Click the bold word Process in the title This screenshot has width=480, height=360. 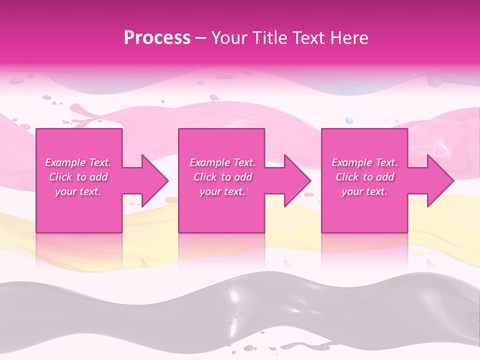tap(157, 38)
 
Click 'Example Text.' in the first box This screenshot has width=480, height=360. tap(78, 162)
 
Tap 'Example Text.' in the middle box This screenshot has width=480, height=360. tap(222, 162)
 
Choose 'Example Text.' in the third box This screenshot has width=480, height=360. tap(364, 162)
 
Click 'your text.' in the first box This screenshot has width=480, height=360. tap(78, 191)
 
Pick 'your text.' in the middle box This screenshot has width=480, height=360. tap(222, 191)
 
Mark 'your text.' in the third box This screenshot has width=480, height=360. tap(364, 191)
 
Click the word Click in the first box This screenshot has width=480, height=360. tap(60, 177)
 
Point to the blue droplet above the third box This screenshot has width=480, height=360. tap(349, 120)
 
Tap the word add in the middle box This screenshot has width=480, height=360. tap(243, 177)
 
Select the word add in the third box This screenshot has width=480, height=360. tap(385, 177)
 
